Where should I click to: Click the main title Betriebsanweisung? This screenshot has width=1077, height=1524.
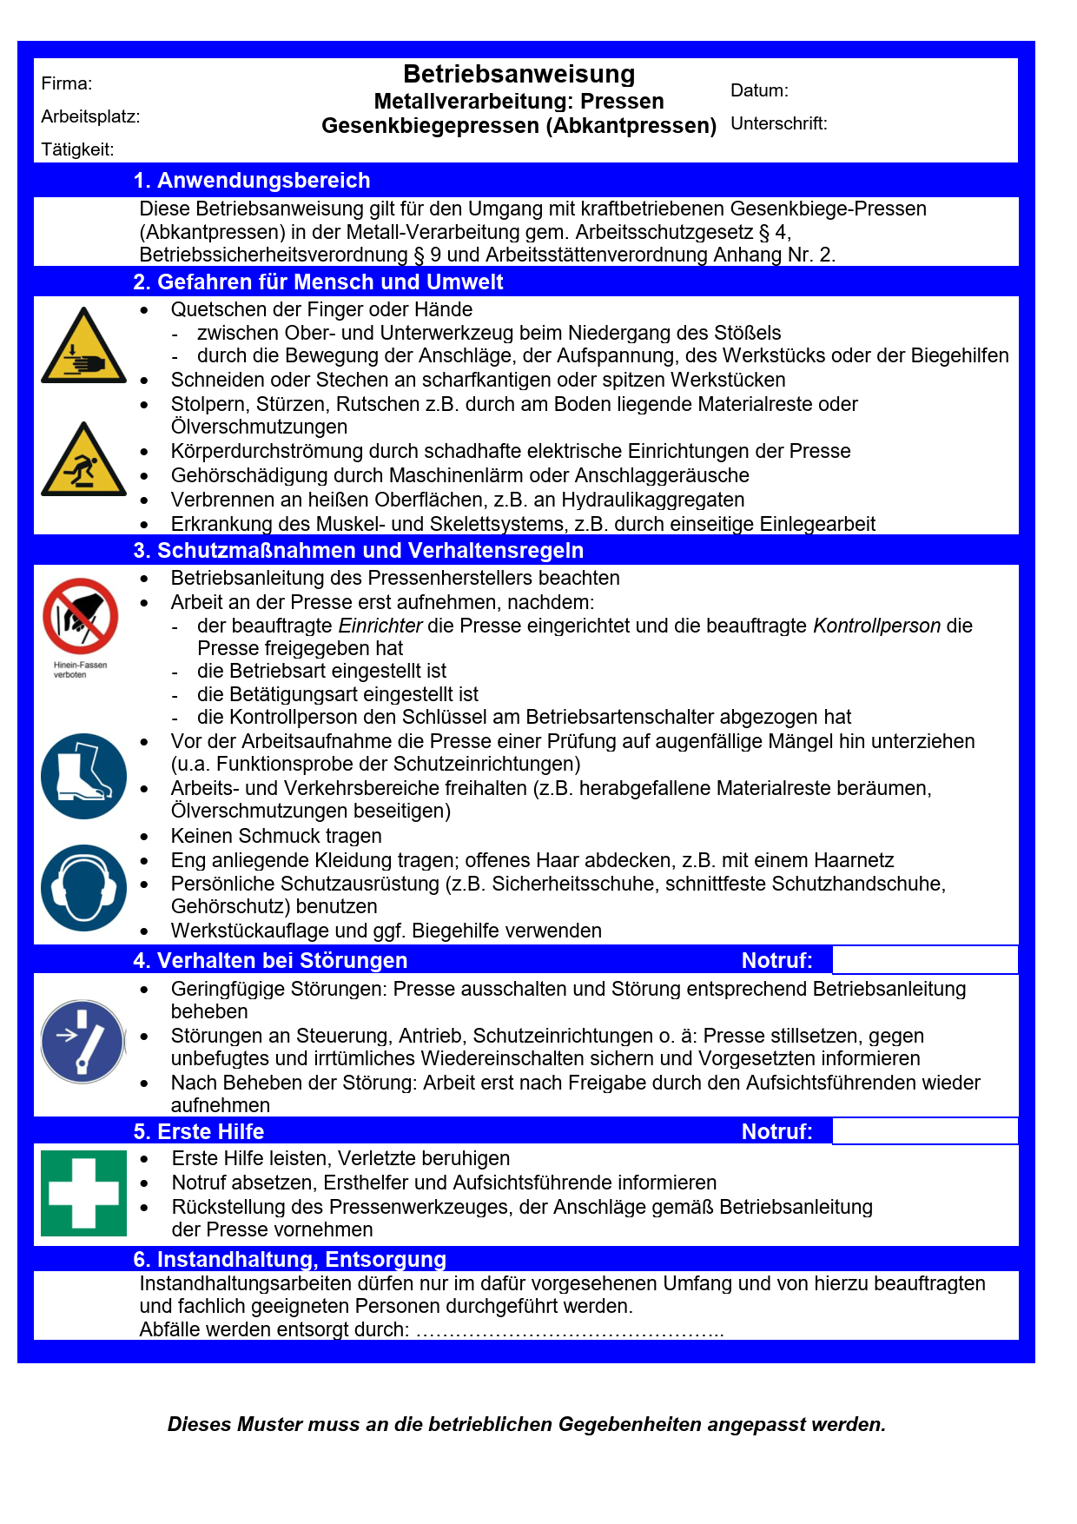(x=519, y=74)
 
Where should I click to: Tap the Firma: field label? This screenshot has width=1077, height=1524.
(x=67, y=84)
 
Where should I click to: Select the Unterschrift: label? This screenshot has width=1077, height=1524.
(x=778, y=123)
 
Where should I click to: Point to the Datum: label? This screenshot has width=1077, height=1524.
(x=759, y=90)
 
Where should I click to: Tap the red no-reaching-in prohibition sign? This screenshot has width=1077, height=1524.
(x=81, y=616)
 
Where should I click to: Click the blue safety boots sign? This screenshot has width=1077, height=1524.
(x=83, y=776)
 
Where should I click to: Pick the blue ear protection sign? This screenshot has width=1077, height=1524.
(x=83, y=887)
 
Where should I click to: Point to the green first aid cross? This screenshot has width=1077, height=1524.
(x=83, y=1193)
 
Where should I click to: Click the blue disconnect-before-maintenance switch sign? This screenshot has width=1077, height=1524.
(x=83, y=1041)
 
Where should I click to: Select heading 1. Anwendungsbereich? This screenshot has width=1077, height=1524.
(x=252, y=180)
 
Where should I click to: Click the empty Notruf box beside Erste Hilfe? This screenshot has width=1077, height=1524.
(x=924, y=1131)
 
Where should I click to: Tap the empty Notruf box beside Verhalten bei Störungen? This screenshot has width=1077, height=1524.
(x=924, y=960)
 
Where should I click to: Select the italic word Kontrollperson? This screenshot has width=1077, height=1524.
(x=876, y=626)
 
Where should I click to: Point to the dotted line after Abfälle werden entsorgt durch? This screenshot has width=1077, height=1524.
(x=569, y=1330)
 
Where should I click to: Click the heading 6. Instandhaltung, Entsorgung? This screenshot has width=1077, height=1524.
(x=289, y=1259)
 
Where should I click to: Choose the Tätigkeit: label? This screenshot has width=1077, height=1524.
(x=77, y=149)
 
